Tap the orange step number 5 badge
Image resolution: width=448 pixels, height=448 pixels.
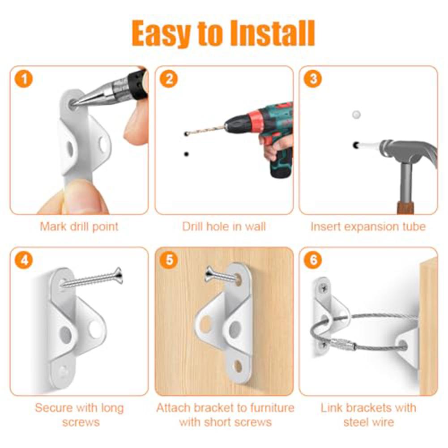click(169, 260)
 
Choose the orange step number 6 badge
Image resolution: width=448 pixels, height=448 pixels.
click(312, 260)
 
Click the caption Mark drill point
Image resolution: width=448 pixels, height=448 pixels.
click(79, 226)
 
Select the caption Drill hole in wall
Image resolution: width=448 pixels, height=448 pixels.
click(224, 226)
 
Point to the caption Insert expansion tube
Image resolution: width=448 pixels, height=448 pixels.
click(368, 226)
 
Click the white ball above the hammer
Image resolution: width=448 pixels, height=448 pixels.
click(355, 115)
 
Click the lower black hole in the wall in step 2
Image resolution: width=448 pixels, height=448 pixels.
click(186, 154)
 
